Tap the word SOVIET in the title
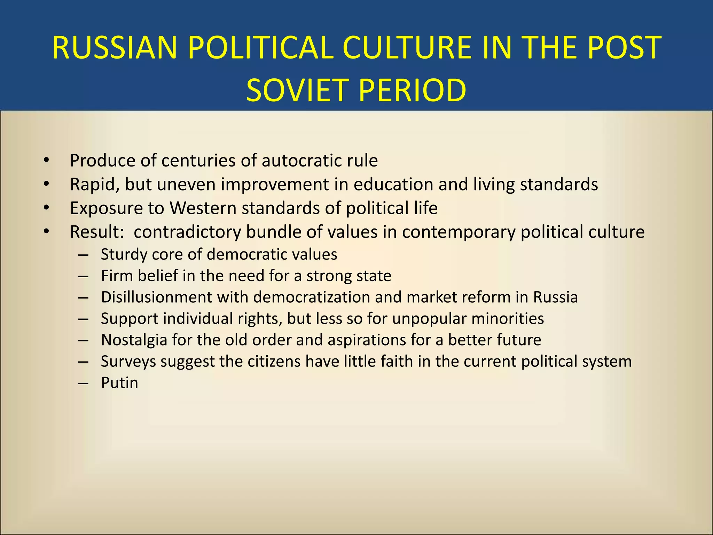click(297, 90)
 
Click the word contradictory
click(187, 232)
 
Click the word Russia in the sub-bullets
click(556, 297)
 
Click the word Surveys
click(128, 362)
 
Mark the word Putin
click(119, 383)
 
